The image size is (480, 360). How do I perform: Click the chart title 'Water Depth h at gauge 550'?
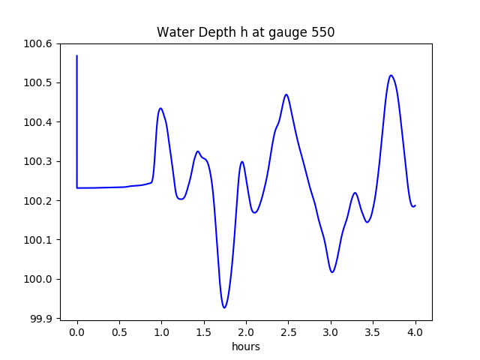tap(245, 32)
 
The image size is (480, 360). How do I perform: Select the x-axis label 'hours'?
tap(246, 346)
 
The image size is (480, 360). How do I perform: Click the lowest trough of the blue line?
tap(224, 307)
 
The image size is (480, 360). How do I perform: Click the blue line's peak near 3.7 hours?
tap(391, 75)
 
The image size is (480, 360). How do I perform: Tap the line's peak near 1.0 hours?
tap(160, 108)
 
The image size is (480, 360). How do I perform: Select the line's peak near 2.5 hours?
tap(286, 94)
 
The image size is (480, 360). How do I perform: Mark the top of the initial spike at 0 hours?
tap(77, 55)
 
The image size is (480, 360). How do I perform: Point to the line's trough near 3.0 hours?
tap(332, 272)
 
